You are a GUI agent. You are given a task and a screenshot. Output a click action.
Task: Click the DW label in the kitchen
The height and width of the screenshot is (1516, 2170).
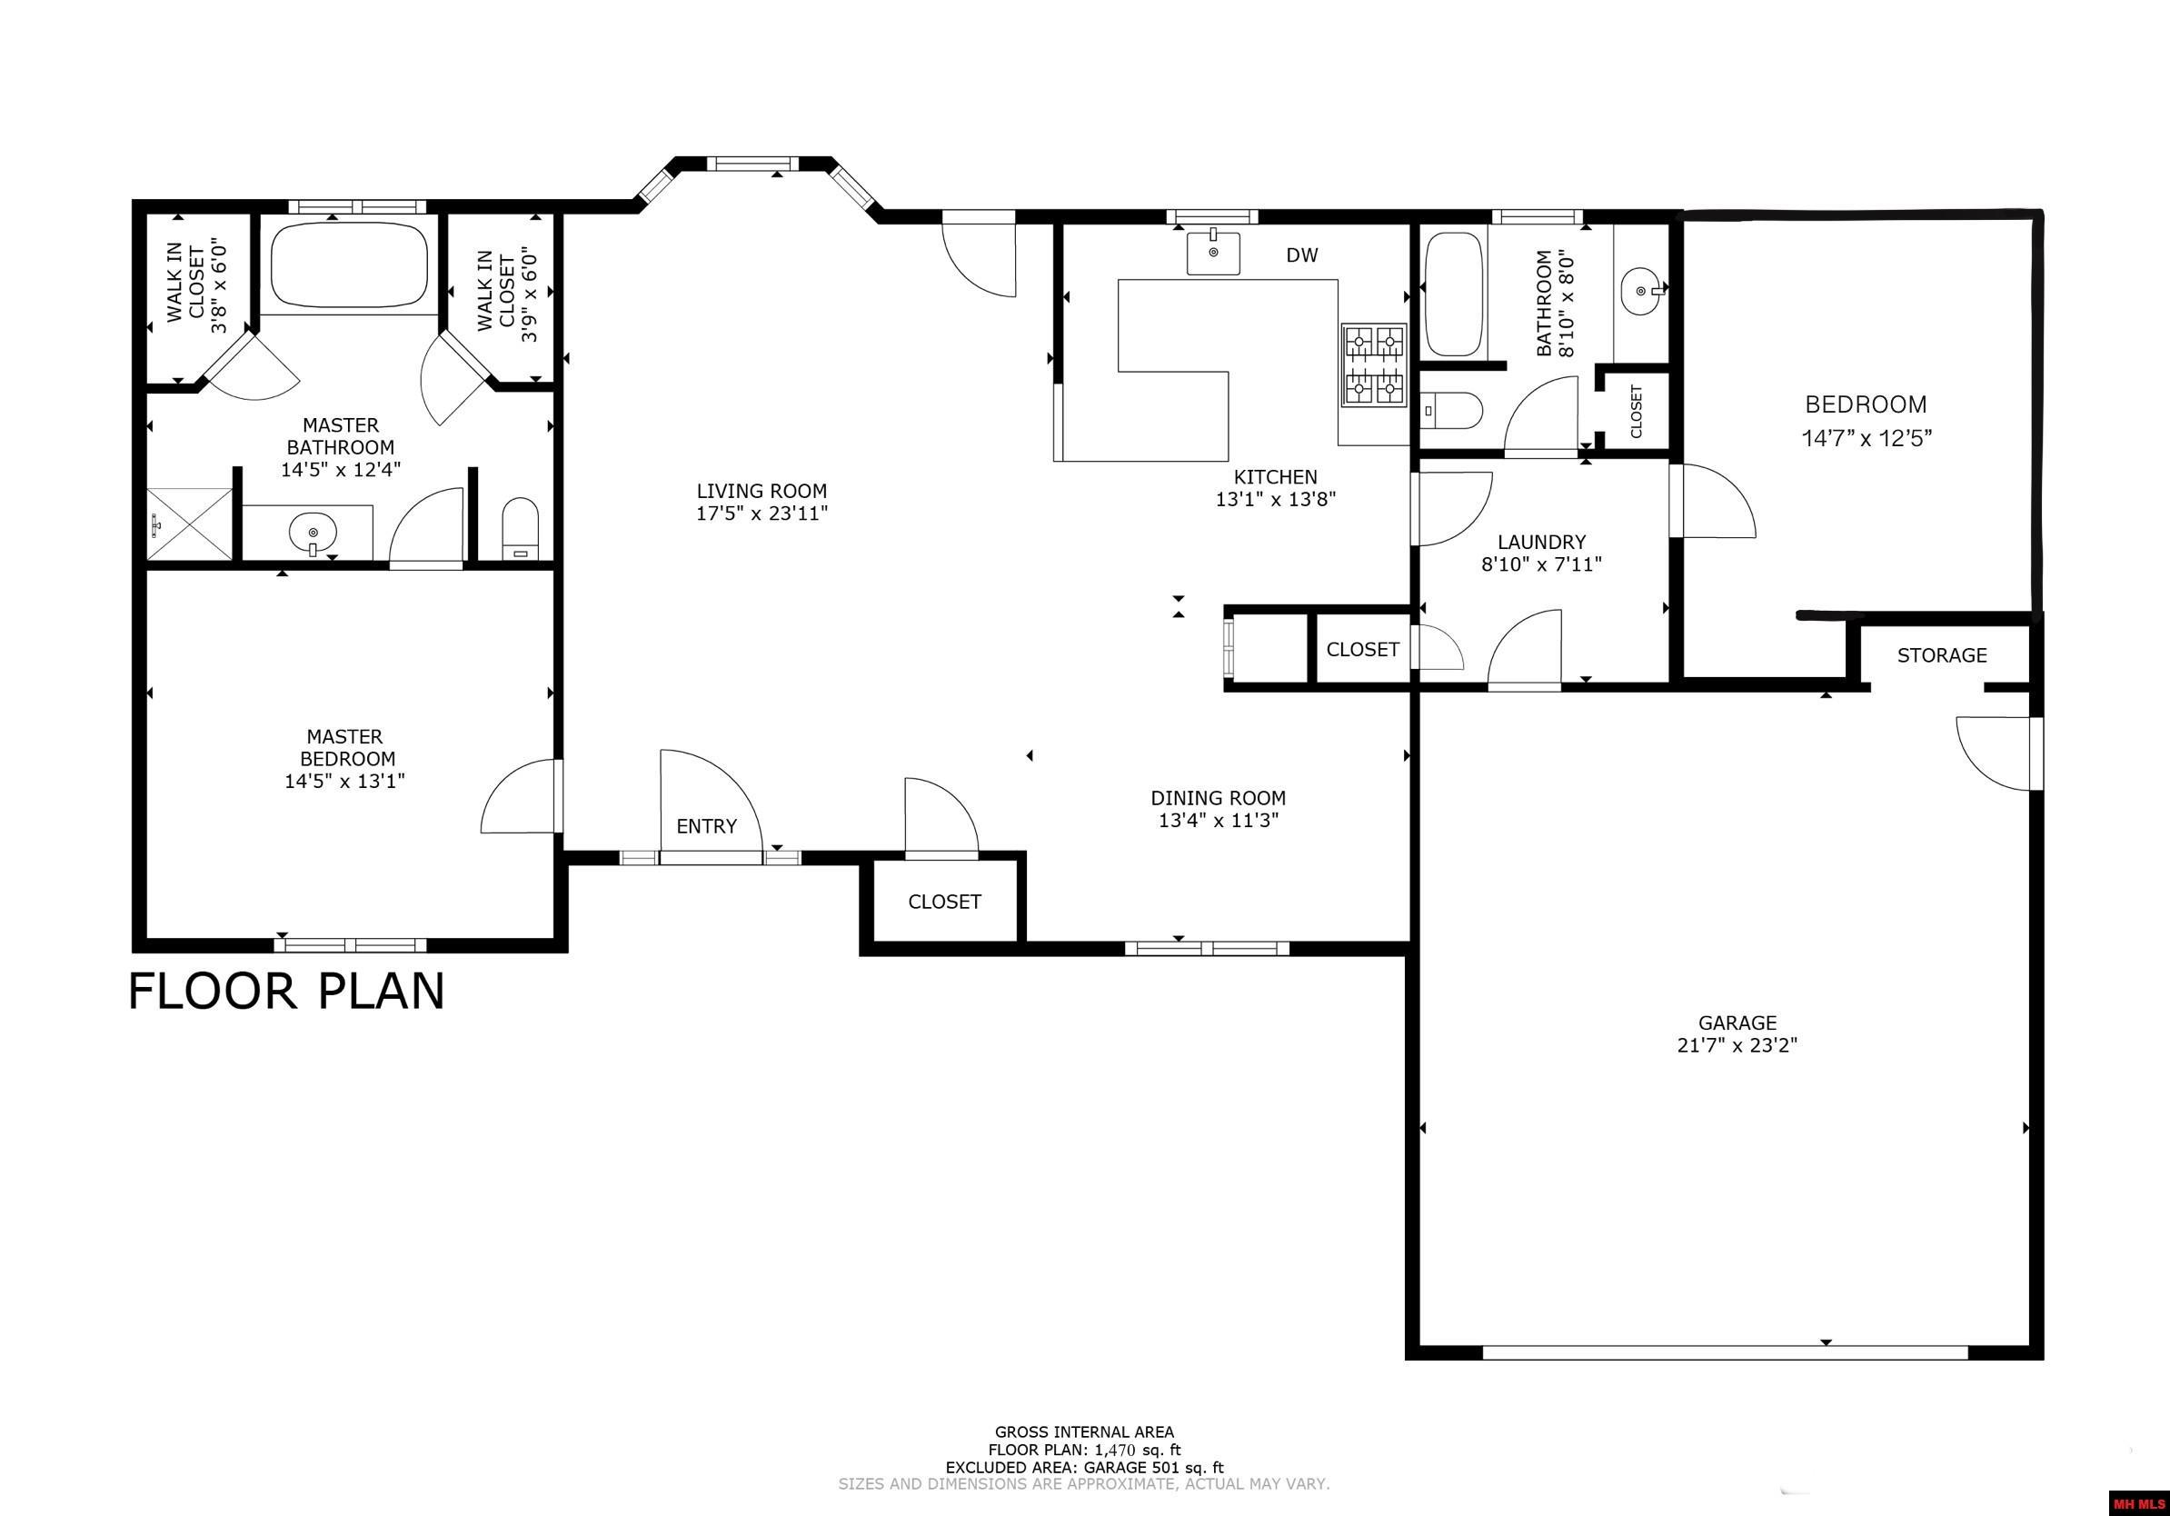[1301, 255]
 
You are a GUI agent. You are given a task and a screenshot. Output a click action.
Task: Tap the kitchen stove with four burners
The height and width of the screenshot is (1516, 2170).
[1373, 364]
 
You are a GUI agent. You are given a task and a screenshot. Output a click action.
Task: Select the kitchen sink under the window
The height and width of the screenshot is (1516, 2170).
[1213, 253]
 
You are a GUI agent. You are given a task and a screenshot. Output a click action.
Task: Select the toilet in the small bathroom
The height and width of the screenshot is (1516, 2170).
[1453, 410]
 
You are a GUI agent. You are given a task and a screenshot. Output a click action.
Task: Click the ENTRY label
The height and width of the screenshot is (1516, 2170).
[706, 827]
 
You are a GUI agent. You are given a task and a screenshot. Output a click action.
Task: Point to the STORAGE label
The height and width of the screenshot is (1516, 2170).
[1941, 655]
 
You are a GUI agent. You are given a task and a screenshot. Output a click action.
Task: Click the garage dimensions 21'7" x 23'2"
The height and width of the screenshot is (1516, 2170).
[1737, 1045]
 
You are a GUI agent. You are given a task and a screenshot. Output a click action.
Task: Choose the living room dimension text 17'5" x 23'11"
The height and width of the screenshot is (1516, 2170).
[761, 514]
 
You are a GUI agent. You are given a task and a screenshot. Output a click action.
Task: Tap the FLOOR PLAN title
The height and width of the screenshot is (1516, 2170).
[286, 992]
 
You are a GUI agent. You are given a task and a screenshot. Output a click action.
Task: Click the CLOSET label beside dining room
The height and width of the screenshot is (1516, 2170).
[944, 902]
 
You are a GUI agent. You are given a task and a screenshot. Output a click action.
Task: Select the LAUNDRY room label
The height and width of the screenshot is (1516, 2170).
[1541, 543]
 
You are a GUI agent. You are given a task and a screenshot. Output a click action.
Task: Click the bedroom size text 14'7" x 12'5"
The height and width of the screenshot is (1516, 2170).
[1866, 439]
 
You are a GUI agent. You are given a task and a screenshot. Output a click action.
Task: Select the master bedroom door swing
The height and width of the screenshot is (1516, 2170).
[520, 799]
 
